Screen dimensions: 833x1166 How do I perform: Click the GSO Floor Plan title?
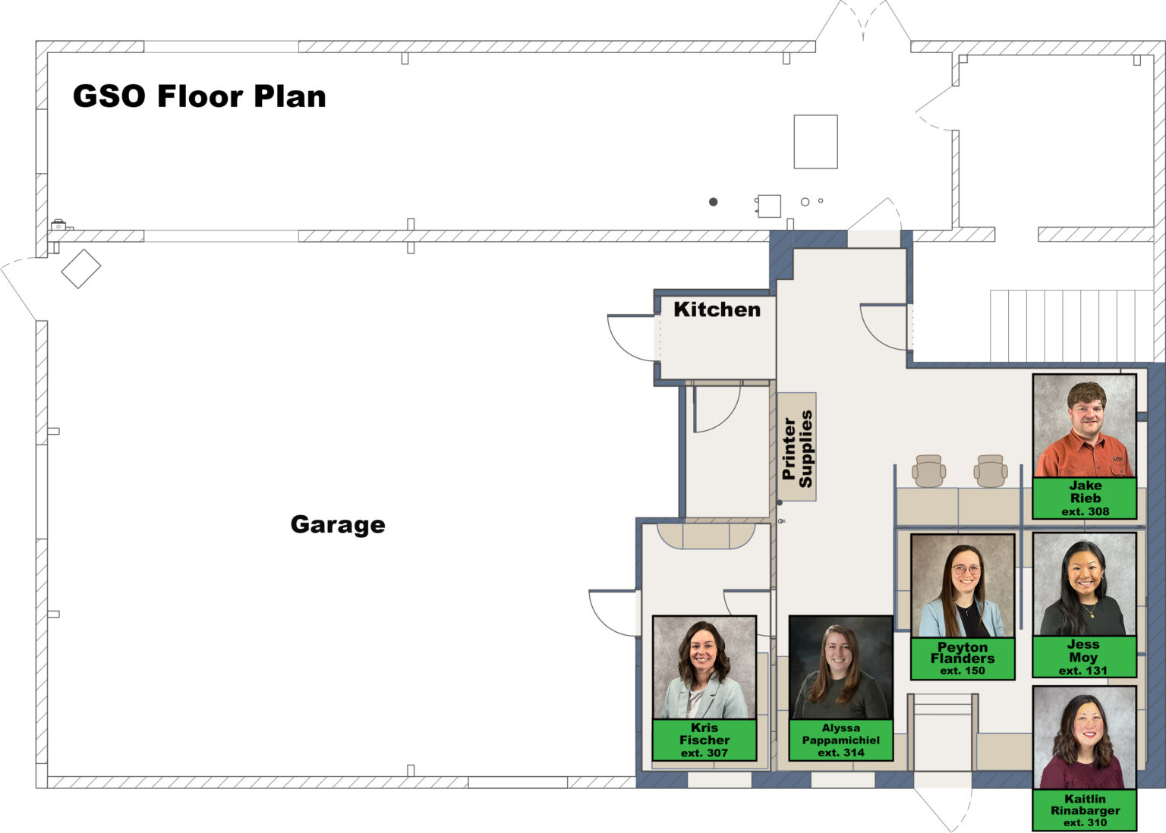point(199,96)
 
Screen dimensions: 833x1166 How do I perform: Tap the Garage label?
point(338,524)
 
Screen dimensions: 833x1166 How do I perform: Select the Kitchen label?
point(717,310)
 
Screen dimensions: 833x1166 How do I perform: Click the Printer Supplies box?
point(797,448)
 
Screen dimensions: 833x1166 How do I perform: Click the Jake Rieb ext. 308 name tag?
point(1084,498)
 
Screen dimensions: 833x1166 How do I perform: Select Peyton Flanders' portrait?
point(963,586)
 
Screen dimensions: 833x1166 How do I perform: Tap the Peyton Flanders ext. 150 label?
point(963,659)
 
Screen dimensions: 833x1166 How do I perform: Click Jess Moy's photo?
point(1084,584)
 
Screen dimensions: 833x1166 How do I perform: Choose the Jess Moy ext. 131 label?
point(1084,657)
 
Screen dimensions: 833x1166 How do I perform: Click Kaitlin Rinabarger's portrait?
point(1084,738)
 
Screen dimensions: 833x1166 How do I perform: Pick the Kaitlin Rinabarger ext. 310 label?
point(1084,810)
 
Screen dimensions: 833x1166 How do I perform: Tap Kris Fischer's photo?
point(704,668)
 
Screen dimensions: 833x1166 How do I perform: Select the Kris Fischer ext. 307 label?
point(704,740)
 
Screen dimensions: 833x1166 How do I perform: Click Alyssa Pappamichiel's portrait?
point(841,668)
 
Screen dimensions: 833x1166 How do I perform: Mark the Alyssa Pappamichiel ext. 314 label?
point(841,740)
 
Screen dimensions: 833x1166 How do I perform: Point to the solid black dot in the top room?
point(714,202)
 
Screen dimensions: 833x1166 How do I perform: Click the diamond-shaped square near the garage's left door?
point(81,269)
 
